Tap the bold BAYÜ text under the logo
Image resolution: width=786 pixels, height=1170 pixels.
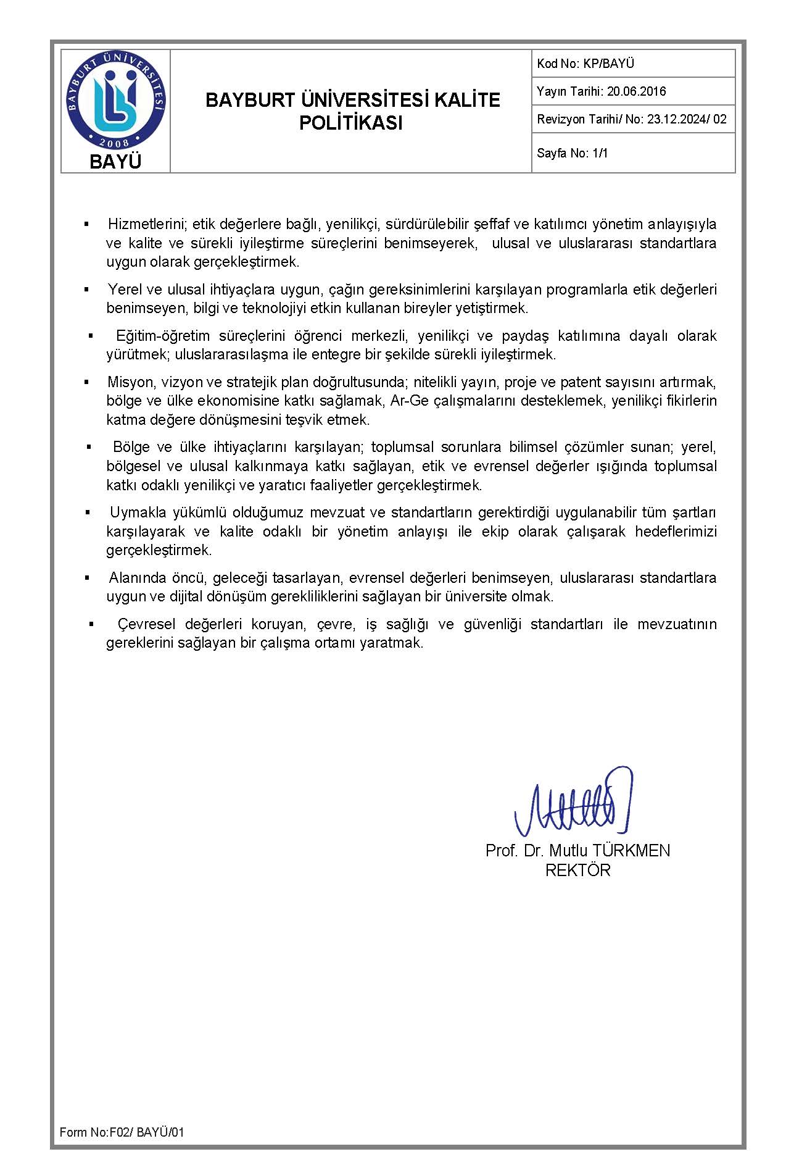tap(115, 162)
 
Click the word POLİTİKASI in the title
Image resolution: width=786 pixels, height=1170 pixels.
tap(350, 123)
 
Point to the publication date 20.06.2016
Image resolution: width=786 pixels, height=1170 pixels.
tap(636, 91)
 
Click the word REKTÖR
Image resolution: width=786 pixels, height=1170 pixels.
tap(577, 871)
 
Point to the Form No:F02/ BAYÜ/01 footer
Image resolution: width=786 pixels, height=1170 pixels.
tap(122, 1132)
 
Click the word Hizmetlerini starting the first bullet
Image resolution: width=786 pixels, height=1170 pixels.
tap(139, 224)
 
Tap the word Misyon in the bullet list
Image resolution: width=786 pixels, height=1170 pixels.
tap(130, 382)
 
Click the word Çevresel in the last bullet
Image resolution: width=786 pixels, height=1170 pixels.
tap(146, 624)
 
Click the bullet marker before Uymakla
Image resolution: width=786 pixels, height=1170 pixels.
tap(88, 512)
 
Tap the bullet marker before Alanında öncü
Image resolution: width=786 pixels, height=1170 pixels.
tap(88, 578)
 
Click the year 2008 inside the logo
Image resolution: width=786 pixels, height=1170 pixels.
tap(115, 143)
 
